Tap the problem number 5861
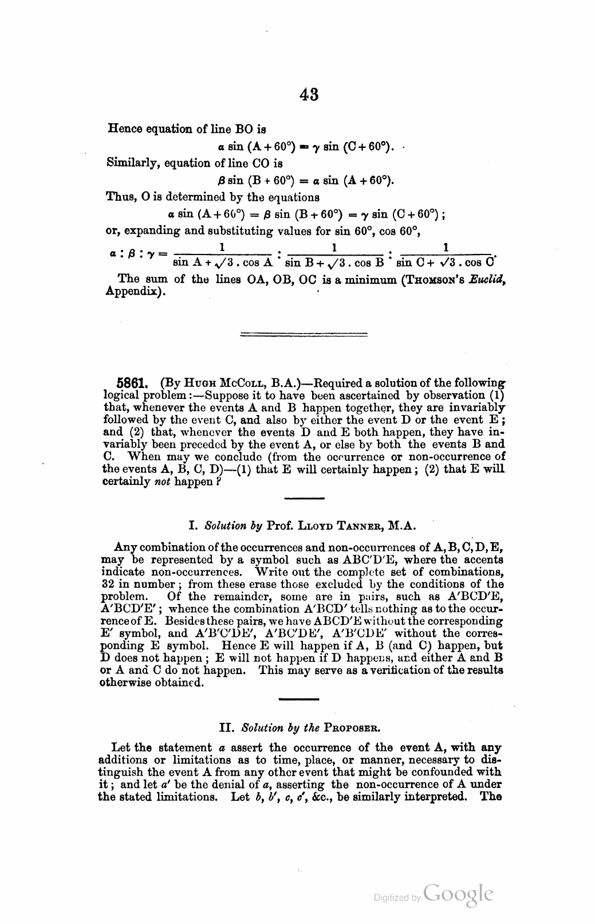tap(132, 383)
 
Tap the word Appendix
tap(136, 292)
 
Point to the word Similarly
tap(132, 163)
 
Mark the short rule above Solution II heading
tap(298, 699)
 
